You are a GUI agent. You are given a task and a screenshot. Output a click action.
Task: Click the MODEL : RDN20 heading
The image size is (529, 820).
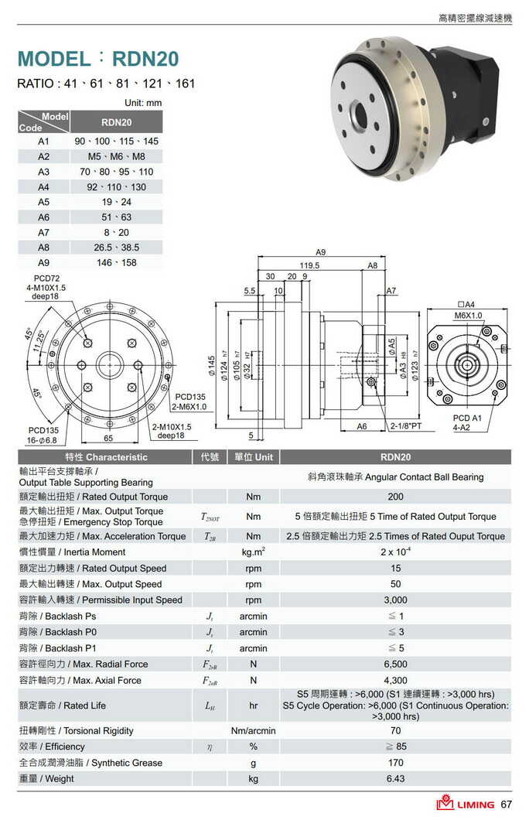click(x=97, y=59)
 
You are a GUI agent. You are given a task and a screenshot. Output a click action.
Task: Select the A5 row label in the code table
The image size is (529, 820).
click(x=43, y=202)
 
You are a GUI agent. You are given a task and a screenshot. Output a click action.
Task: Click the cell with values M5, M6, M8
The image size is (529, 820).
click(x=116, y=156)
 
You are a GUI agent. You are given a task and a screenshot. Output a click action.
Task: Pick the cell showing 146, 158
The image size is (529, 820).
click(x=116, y=262)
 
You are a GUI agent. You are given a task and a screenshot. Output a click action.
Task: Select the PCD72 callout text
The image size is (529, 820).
click(x=47, y=278)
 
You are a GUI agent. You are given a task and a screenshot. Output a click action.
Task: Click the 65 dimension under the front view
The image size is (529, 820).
click(x=108, y=438)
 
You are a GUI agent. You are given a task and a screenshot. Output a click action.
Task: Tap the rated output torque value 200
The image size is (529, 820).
click(x=395, y=497)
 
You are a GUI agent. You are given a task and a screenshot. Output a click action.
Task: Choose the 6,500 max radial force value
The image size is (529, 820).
click(x=395, y=664)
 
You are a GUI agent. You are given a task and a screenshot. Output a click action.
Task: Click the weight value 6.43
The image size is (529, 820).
click(x=395, y=778)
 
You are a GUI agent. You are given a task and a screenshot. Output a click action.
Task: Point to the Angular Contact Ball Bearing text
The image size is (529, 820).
click(x=395, y=477)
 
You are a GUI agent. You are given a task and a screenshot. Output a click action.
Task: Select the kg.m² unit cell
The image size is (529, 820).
click(x=253, y=552)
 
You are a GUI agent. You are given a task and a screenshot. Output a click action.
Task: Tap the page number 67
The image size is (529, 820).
click(x=507, y=805)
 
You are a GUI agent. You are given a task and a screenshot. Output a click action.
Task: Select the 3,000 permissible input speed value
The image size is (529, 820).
click(x=395, y=600)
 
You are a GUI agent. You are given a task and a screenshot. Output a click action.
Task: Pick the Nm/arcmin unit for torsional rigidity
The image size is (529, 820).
click(x=253, y=730)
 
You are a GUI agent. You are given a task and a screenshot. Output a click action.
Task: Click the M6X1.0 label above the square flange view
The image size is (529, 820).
click(x=468, y=316)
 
